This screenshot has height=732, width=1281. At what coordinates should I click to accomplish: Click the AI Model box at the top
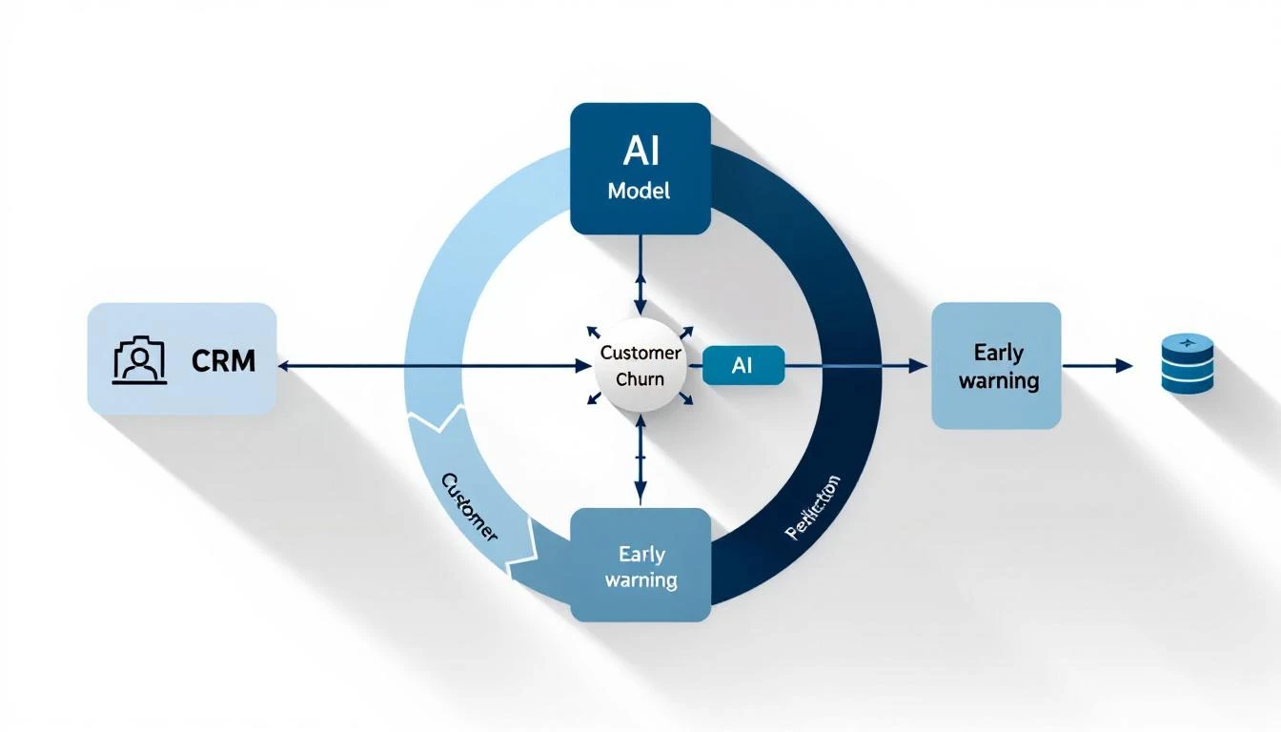tap(640, 168)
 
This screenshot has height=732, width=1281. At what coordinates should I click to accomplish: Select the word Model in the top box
tap(639, 191)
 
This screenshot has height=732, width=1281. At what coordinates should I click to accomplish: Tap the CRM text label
tap(223, 361)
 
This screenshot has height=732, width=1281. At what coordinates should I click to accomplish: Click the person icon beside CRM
tap(139, 361)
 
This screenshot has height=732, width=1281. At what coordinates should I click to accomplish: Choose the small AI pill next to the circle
tap(742, 365)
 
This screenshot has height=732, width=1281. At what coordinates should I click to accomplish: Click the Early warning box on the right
tap(996, 366)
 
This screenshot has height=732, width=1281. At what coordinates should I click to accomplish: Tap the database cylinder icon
tap(1188, 363)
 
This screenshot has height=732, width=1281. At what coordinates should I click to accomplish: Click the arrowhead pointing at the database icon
tap(1126, 365)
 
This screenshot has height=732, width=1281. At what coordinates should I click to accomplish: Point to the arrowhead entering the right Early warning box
tap(920, 365)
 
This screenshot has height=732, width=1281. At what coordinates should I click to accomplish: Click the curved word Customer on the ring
tap(470, 505)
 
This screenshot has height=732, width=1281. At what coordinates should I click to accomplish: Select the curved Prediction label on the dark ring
tap(812, 507)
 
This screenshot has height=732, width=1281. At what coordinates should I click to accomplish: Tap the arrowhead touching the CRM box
tap(283, 365)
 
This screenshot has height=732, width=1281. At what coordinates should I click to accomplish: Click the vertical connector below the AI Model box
tap(640, 272)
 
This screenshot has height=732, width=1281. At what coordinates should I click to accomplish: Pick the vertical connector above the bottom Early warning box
tap(640, 467)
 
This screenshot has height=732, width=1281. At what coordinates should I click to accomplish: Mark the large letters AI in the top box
tap(639, 150)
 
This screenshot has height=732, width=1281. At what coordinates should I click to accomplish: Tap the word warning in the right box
tap(998, 381)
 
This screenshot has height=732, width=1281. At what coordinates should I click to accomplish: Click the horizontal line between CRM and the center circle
tap(429, 365)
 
